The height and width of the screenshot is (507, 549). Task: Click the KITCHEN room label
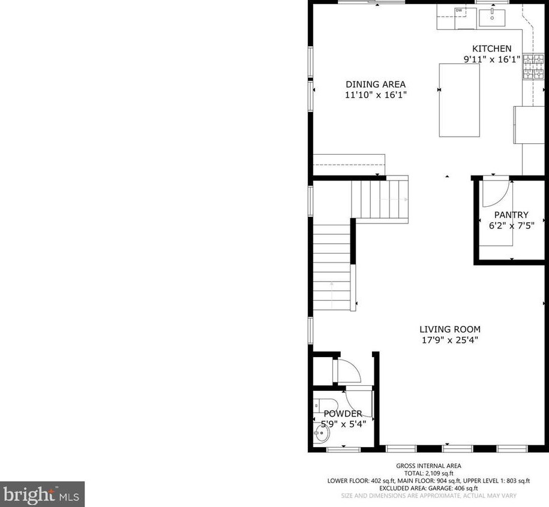tap(491, 49)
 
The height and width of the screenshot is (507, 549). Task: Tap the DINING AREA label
tap(376, 84)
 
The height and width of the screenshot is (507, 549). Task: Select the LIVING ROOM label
tap(450, 329)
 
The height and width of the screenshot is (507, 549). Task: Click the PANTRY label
tap(511, 215)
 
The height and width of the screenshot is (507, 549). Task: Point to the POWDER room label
tap(343, 414)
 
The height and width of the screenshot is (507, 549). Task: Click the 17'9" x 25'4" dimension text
tap(450, 340)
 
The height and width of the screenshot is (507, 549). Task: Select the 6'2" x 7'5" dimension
tap(512, 225)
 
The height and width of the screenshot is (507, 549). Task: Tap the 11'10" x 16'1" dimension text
tap(376, 95)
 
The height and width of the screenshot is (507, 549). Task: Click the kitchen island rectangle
tap(460, 100)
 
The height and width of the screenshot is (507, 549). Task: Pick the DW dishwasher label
tap(458, 11)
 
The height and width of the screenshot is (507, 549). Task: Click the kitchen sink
tap(492, 17)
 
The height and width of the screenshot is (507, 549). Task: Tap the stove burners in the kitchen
tap(533, 67)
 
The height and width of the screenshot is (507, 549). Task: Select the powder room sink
tap(322, 433)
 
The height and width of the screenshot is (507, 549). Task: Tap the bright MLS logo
tap(42, 494)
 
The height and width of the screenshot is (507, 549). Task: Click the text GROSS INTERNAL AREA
tap(428, 466)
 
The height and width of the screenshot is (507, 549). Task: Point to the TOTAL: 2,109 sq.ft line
tap(428, 473)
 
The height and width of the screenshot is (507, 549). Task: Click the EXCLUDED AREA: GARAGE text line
tap(428, 488)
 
